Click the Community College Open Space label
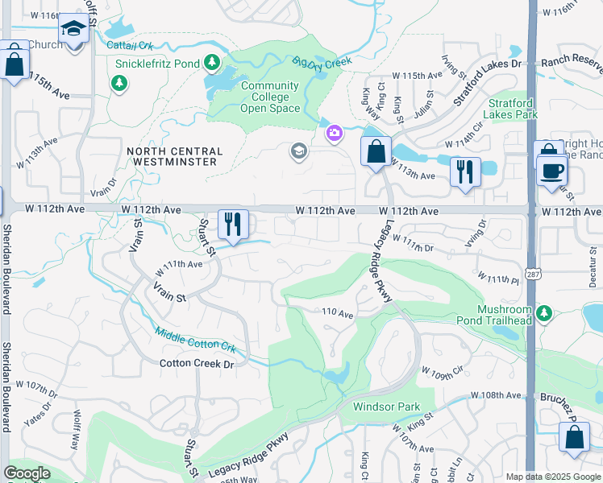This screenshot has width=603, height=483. (x=269, y=97)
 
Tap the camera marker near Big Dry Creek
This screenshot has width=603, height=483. (x=335, y=134)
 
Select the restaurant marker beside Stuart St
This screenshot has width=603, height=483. (x=233, y=225)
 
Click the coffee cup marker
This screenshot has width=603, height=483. (x=552, y=171)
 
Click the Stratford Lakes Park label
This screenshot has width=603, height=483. (x=514, y=109)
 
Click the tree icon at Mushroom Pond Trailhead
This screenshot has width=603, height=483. (x=544, y=312)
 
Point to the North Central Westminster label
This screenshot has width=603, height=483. (x=173, y=156)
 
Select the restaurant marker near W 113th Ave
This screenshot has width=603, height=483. (x=464, y=172)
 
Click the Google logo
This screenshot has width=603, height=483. (x=27, y=473)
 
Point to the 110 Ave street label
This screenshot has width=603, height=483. (x=338, y=312)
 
